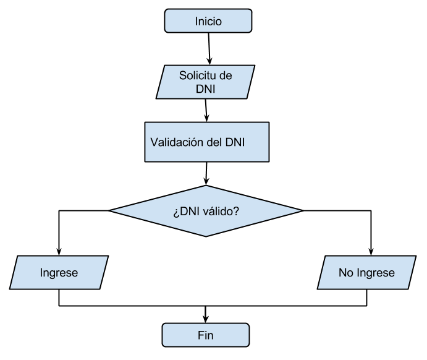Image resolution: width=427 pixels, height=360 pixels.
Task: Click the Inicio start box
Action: point(208,22)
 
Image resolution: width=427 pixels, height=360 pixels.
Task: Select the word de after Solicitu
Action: point(226,76)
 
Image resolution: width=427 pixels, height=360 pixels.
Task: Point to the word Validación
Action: point(177,142)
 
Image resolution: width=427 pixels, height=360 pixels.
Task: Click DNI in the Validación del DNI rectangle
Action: point(235,142)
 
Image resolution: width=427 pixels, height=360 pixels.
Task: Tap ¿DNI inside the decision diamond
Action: point(185,211)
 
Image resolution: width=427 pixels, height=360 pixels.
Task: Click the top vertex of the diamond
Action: point(206,186)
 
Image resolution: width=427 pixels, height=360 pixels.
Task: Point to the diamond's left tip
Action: point(112,211)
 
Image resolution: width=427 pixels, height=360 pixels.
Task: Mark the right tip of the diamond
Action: point(300,211)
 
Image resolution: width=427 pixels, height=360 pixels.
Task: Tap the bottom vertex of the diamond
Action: point(206,236)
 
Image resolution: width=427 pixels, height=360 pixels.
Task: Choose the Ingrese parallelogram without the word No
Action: point(59,273)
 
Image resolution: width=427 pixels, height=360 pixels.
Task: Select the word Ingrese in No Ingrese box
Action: point(374,273)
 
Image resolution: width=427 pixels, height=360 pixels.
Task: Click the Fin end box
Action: point(206,335)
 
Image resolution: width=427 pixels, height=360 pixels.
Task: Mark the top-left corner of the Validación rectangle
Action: point(146,123)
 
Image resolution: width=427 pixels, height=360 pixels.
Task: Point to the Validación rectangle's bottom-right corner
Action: point(268,161)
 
